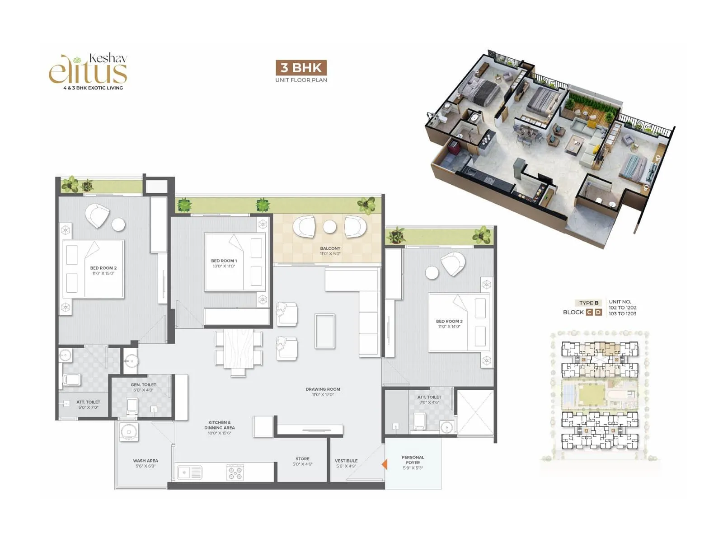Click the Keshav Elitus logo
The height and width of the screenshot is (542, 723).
click(89, 71)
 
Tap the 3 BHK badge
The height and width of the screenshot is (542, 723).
click(301, 68)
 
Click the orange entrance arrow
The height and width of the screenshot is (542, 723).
click(385, 464)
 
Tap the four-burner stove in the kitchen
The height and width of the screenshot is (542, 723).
click(235, 472)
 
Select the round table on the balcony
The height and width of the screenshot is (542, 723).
click(330, 226)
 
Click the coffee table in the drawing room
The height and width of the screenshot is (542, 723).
click(325, 331)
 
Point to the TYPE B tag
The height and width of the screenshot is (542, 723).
click(588, 303)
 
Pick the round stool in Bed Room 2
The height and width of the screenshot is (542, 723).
click(118, 224)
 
